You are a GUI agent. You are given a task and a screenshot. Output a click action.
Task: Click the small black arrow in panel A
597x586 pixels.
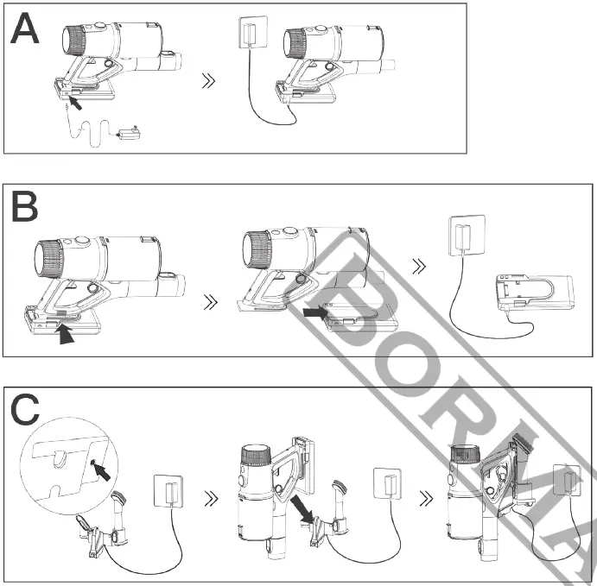[77, 103]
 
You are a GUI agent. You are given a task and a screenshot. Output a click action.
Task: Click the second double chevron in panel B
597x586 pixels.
[421, 266]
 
